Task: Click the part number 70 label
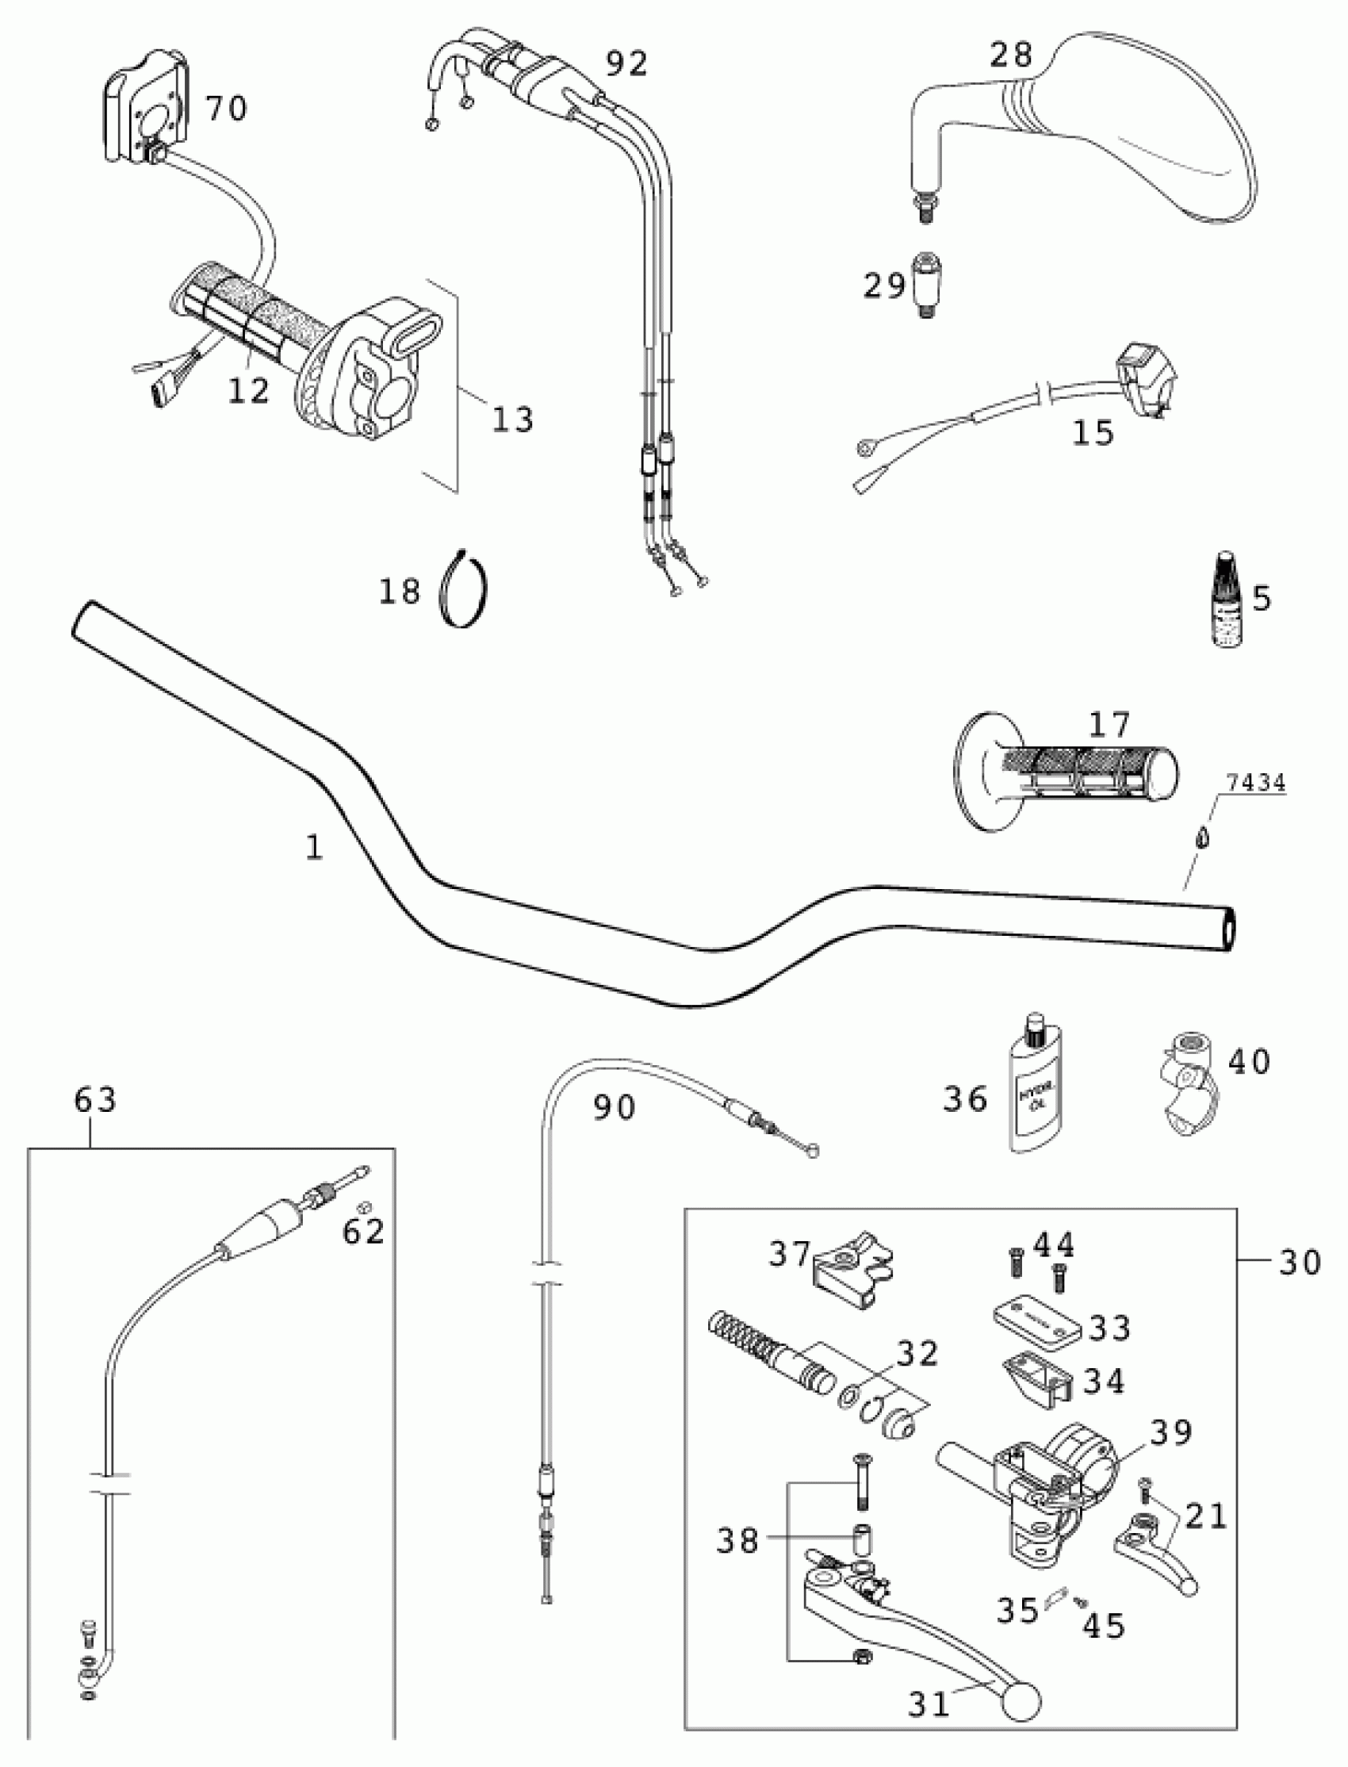point(226,108)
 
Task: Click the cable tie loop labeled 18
point(465,590)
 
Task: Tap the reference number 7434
point(1255,784)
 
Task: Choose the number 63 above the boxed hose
point(95,1099)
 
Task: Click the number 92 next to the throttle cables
point(626,64)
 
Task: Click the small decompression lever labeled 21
point(1155,1553)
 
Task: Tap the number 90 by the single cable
point(615,1108)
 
